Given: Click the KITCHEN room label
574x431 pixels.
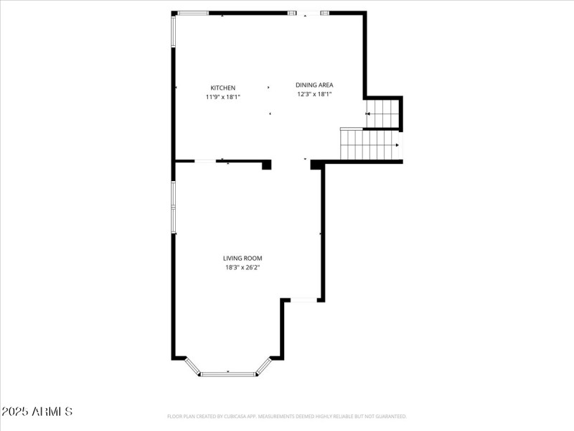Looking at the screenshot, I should coord(222,88).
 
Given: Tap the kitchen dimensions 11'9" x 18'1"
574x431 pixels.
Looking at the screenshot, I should coord(222,96).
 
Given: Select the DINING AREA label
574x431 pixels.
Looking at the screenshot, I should coord(315,85).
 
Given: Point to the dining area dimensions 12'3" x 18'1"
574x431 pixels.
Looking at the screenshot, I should coord(314,93).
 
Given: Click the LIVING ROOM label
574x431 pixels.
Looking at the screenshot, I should coord(243,258).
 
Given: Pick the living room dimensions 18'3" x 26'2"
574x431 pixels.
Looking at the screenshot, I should coord(243,267).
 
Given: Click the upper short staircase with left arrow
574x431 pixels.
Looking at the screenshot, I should coord(382,113).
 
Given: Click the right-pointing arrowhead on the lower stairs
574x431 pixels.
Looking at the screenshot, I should coord(396,145).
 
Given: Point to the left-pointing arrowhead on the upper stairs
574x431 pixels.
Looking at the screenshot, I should coord(368,113).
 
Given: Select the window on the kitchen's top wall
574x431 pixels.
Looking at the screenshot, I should coord(193,13).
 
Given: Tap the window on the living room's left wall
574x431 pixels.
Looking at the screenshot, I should coord(173,206).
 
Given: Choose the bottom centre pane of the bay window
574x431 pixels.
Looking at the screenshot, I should coord(228,374).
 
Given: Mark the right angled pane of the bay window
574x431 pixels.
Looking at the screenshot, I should coord(264,366).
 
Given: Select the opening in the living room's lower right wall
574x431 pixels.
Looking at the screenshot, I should coord(302,300).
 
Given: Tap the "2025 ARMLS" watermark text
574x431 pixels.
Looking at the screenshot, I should coord(37,412).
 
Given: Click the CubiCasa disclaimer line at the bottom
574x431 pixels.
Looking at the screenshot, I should coord(287,416).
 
